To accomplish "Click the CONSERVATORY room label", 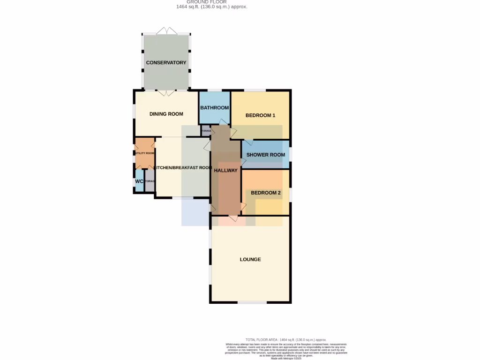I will [166, 63].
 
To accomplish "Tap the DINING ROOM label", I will [166, 114].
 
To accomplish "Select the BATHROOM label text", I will [214, 108].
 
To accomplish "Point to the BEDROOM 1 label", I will [260, 115].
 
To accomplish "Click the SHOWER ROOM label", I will [266, 155].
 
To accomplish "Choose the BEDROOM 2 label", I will [266, 193].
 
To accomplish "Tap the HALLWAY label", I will [225, 171].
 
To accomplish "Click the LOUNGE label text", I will [250, 260].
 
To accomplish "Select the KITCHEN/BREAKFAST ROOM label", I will [183, 168].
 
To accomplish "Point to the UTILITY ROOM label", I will [144, 153].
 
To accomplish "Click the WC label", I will [139, 181].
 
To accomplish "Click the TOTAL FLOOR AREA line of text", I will [286, 339].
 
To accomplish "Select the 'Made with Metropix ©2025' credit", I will [286, 358].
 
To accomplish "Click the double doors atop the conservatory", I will [166, 31].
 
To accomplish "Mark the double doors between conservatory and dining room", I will [166, 92].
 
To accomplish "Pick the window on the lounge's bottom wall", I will [252, 302].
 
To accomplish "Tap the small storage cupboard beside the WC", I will [150, 181].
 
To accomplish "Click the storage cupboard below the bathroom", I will [206, 131].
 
